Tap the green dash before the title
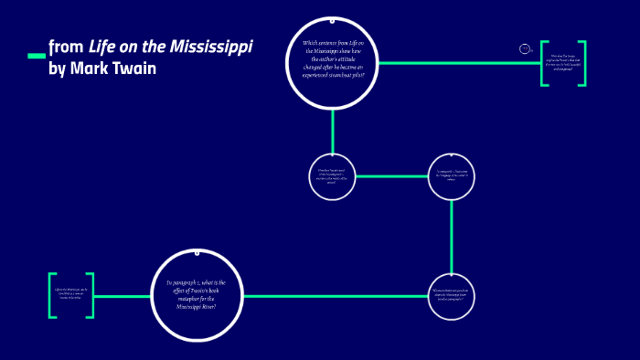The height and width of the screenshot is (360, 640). (x=37, y=56)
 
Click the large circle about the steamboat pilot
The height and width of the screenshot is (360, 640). (x=333, y=62)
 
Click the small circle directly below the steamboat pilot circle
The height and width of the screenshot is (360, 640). (x=332, y=176)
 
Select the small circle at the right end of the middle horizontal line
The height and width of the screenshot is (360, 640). (x=452, y=176)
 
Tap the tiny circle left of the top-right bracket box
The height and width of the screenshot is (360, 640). (x=525, y=48)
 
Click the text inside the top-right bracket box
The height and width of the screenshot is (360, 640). (x=563, y=63)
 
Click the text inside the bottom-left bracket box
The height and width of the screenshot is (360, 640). (x=72, y=295)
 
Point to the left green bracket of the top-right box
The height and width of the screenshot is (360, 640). (x=543, y=63)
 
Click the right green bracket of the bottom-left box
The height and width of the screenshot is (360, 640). (x=91, y=295)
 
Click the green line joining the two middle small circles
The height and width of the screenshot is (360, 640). (x=391, y=176)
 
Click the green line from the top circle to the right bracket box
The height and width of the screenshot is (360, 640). (x=457, y=63)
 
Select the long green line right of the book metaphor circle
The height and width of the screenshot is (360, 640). (x=334, y=295)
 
